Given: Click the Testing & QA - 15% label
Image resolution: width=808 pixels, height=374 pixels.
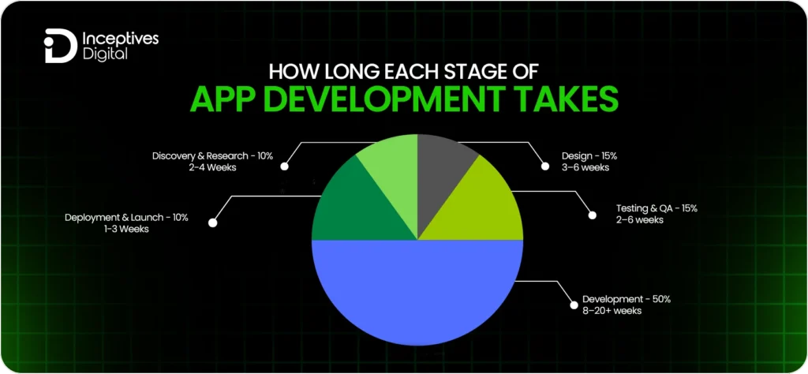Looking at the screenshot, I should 656,208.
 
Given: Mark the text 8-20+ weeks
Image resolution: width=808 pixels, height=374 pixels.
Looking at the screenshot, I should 612,312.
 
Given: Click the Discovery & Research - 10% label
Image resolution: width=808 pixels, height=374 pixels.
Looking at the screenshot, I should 212,156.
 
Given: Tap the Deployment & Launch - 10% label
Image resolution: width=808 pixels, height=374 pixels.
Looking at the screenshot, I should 126,217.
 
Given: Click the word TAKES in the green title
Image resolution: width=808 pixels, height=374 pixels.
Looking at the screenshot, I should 564,103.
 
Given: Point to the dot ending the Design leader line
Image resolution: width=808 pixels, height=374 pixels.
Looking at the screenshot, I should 544,166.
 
